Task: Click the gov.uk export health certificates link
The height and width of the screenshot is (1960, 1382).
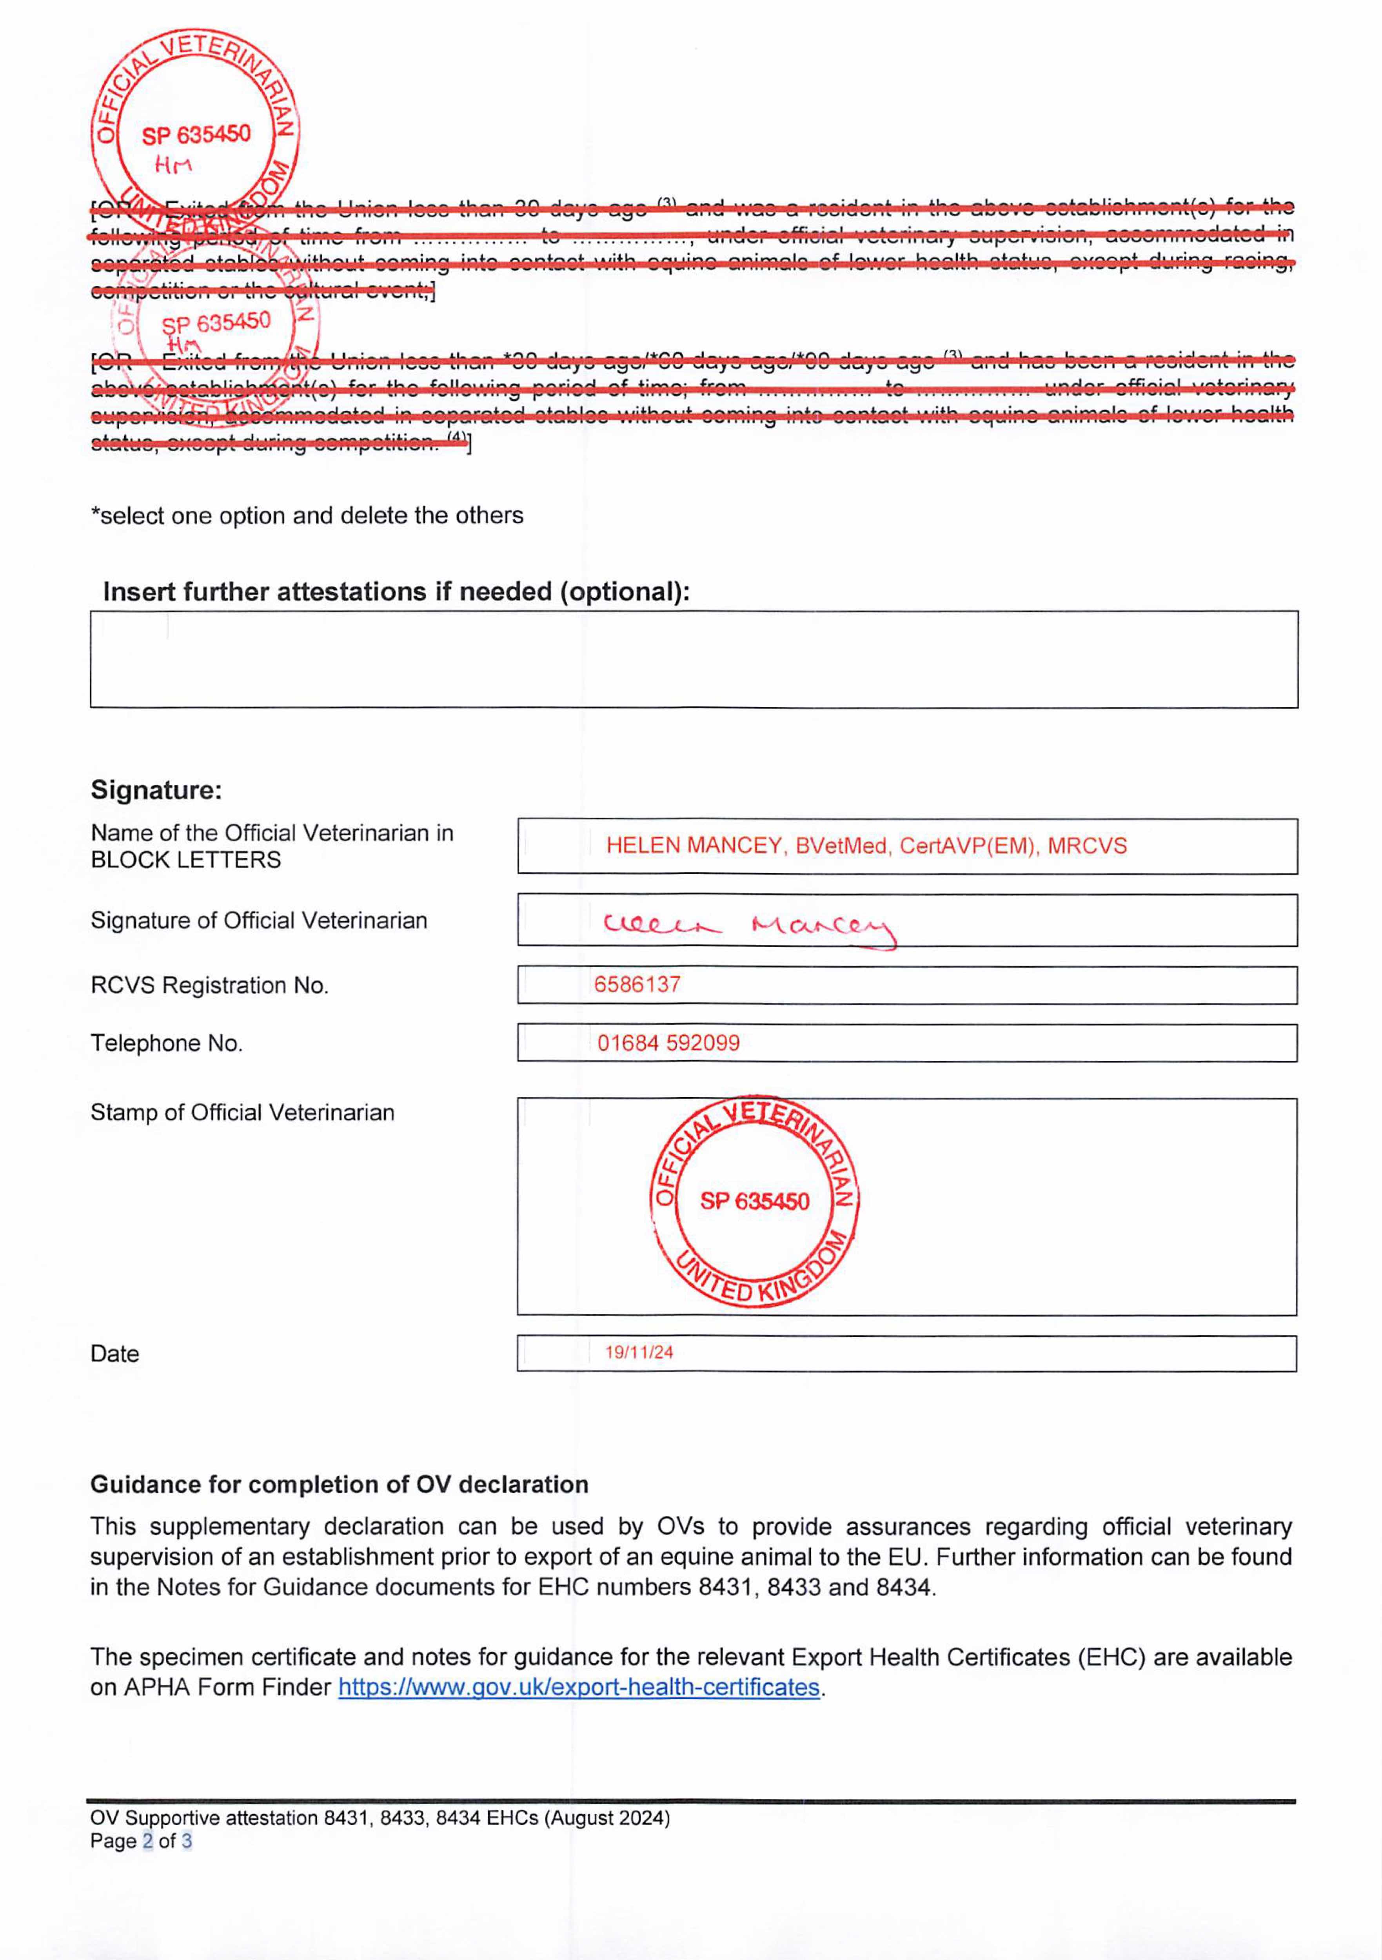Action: coord(579,1688)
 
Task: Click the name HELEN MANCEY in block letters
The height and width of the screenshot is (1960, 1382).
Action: coord(693,846)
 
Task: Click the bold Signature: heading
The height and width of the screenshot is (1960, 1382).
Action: coord(156,789)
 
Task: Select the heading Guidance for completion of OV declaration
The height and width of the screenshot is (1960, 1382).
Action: coord(339,1485)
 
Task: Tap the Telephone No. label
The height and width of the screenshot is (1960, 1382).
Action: coord(167,1043)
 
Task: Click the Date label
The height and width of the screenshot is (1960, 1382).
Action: coord(114,1354)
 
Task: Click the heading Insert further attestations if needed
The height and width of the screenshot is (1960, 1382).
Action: coord(396,592)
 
